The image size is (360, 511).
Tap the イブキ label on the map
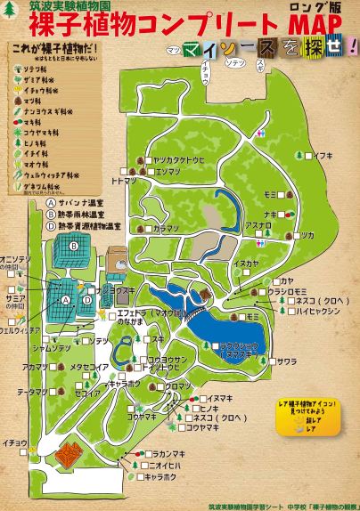click(323, 155)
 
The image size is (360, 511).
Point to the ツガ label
click(307, 235)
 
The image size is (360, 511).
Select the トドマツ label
click(123, 180)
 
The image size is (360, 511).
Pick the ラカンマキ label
click(165, 454)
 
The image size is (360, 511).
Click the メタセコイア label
click(90, 367)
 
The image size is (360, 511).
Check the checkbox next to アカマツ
click(56, 367)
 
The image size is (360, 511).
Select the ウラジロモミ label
click(289, 292)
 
